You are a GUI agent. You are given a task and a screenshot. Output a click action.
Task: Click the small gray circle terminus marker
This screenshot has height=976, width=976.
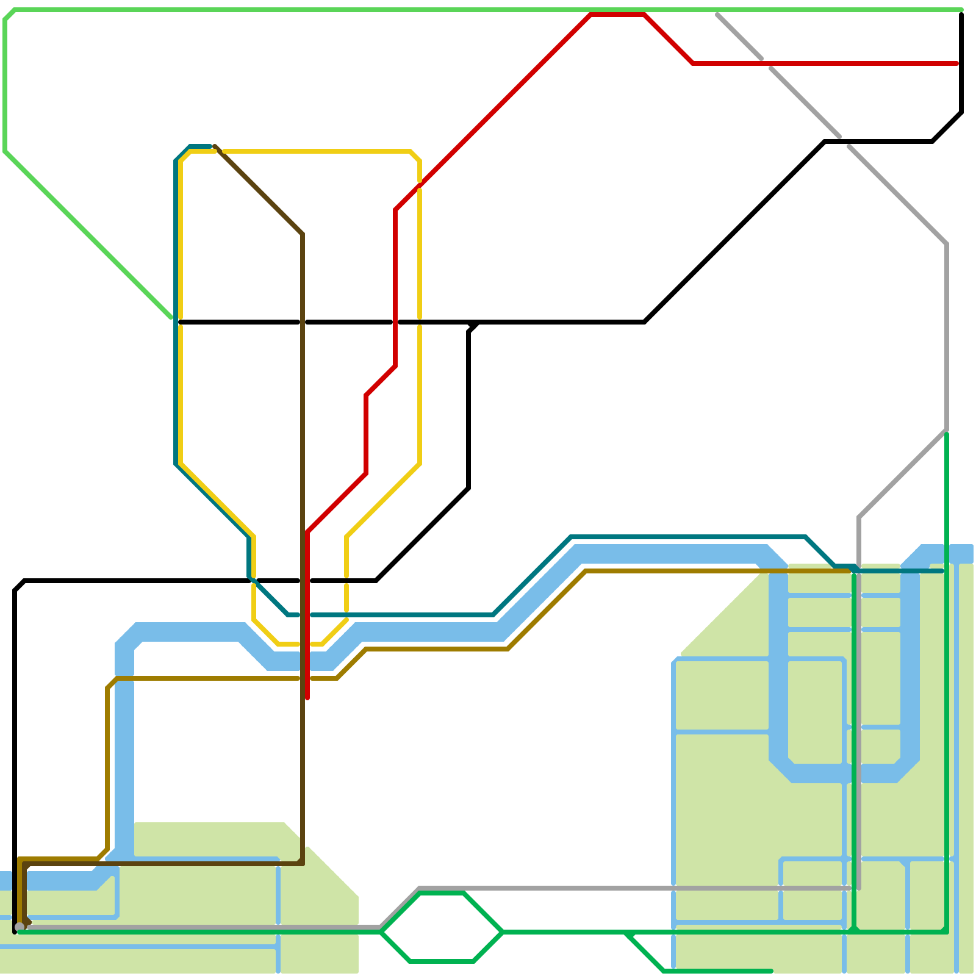click(20, 927)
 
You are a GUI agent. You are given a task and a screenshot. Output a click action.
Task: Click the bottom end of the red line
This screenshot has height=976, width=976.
click(307, 698)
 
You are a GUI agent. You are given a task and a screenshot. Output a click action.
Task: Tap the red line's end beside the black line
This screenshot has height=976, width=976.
click(958, 63)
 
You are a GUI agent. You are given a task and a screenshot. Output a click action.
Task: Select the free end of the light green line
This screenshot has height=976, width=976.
click(171, 317)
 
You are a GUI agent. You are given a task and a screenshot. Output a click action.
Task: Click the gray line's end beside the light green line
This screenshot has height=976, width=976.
click(718, 13)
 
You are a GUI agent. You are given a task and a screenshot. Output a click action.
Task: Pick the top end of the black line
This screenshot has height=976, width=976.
click(961, 13)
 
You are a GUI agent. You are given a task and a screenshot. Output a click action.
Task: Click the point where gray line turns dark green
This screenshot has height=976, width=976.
click(946, 431)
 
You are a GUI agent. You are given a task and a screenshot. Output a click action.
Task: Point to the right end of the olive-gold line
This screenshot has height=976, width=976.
click(849, 571)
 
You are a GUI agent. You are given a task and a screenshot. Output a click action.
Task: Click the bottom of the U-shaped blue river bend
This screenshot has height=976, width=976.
click(845, 773)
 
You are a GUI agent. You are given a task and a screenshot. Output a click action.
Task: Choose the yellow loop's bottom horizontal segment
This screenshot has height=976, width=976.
click(299, 644)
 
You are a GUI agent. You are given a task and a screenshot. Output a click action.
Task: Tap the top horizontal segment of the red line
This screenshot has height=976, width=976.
click(617, 15)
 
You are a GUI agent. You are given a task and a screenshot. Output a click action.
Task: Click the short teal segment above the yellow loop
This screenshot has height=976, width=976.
click(200, 146)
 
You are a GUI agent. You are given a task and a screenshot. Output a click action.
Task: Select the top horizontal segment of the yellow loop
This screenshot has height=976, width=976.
click(317, 151)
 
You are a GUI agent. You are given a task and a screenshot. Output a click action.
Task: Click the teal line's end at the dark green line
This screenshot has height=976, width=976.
click(943, 571)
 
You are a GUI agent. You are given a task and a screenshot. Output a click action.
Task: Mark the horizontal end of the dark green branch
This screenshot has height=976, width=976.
click(771, 971)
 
